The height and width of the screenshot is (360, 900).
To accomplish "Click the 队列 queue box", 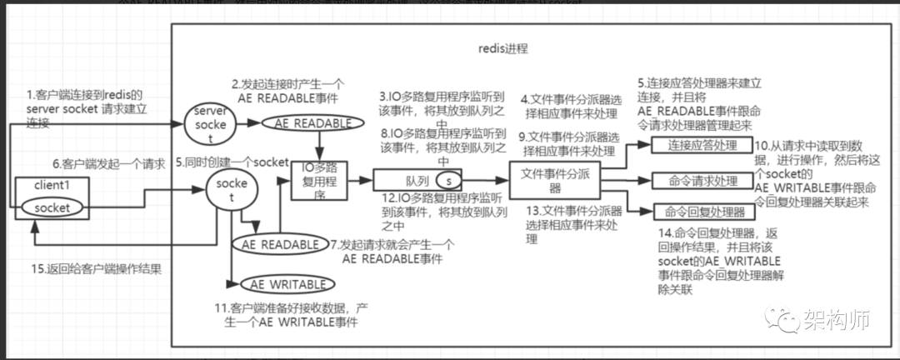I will [x=414, y=180].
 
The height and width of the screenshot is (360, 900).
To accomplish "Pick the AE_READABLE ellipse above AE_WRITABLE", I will [x=280, y=245].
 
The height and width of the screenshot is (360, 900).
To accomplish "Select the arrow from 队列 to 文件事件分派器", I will [x=492, y=180].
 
